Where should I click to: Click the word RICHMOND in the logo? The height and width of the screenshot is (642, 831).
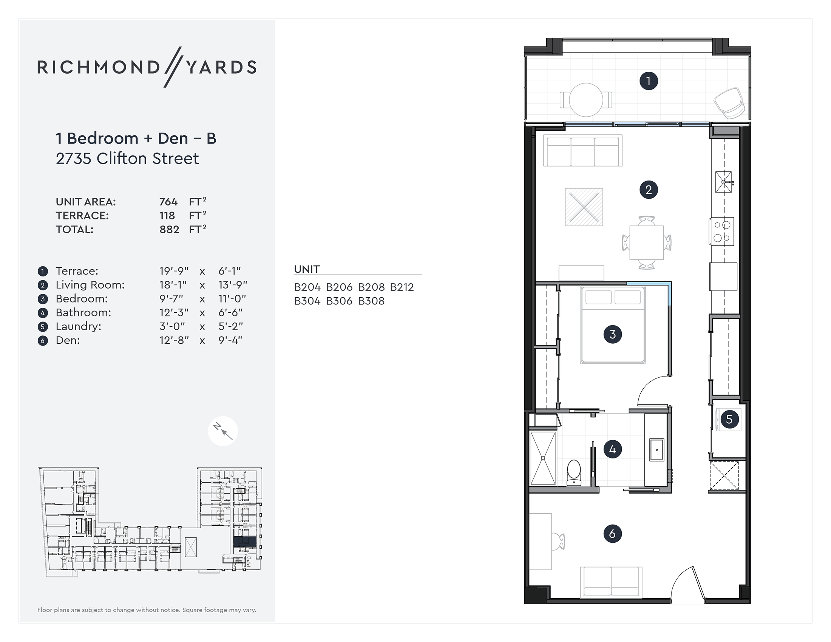[x=98, y=67]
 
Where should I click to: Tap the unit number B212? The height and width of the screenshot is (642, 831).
[x=402, y=287]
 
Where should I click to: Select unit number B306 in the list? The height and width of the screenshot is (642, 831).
[x=339, y=301]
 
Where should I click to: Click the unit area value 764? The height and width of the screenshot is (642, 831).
[x=168, y=202]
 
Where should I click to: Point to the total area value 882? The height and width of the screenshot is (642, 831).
[x=169, y=230]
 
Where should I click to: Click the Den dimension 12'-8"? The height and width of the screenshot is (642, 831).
[x=174, y=340]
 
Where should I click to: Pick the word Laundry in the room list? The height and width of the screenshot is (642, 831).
[x=79, y=327]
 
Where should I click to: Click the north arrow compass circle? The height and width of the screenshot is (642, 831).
[x=223, y=431]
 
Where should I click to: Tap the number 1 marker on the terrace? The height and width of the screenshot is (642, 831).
[x=648, y=81]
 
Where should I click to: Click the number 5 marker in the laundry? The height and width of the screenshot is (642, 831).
[x=729, y=420]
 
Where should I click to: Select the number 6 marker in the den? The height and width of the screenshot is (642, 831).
[x=612, y=534]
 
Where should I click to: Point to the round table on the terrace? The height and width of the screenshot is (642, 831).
[x=586, y=100]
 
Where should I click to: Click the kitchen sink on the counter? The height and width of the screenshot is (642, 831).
[x=723, y=182]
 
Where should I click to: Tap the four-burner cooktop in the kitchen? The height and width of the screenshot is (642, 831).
[x=722, y=231]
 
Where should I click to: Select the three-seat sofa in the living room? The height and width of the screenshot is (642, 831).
[x=582, y=151]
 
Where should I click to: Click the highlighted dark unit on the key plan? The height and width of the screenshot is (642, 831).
[x=244, y=542]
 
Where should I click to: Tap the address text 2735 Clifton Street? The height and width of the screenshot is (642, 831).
[x=127, y=159]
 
